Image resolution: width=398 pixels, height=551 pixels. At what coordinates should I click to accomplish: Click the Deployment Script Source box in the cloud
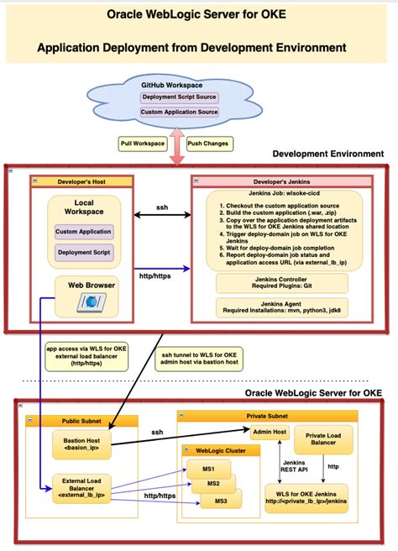click(179, 97)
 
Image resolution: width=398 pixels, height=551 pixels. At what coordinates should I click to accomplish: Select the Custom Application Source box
click(179, 112)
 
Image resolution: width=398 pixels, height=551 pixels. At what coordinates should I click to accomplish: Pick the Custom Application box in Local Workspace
click(83, 231)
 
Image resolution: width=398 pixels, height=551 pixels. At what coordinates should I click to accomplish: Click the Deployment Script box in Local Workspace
click(83, 252)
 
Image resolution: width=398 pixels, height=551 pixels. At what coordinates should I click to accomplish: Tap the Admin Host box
click(269, 432)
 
